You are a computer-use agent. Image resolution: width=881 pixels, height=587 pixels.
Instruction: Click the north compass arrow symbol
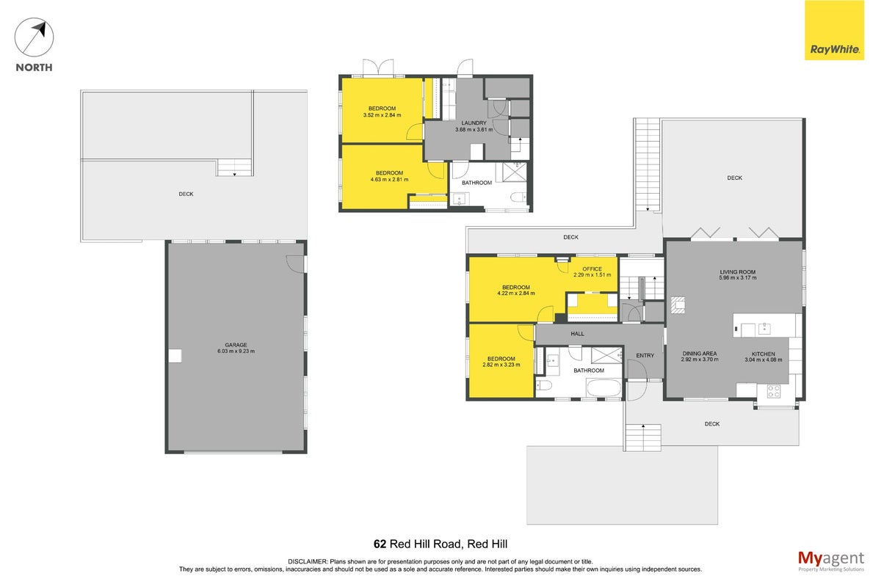[x=34, y=37]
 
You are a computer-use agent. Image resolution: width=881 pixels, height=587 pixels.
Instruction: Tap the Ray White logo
[x=834, y=30]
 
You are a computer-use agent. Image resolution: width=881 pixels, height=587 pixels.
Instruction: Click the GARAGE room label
[x=236, y=345]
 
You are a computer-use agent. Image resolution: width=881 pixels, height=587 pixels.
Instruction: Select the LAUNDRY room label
[x=474, y=123]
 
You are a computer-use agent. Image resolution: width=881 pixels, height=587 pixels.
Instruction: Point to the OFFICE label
[x=592, y=269]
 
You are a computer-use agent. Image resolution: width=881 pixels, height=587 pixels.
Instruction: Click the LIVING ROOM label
[x=737, y=271]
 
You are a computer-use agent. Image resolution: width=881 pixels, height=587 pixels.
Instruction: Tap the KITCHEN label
[x=764, y=354]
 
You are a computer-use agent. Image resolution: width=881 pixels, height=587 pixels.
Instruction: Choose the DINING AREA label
[x=699, y=354]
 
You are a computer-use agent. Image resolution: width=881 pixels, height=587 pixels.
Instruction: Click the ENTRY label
[x=645, y=355]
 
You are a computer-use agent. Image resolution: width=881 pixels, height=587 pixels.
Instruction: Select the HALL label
[x=577, y=334]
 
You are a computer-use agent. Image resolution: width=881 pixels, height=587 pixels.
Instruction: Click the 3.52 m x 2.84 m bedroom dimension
[x=382, y=115]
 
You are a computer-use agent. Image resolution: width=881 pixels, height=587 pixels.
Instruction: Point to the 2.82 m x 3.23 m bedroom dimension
[x=501, y=365]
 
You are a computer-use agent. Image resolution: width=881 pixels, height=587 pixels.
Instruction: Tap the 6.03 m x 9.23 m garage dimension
[x=236, y=351]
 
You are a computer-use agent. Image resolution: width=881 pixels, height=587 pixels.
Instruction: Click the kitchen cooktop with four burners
[x=774, y=391]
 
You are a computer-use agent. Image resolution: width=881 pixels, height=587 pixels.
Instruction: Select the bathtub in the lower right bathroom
[x=603, y=388]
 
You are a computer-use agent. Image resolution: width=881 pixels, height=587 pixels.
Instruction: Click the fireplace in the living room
[x=678, y=305]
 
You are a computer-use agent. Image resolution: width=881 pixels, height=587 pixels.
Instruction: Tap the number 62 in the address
[x=380, y=544]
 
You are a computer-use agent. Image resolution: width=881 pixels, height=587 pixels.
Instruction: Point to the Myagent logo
[x=831, y=561]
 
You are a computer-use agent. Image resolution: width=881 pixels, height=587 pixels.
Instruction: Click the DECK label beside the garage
[x=186, y=194]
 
